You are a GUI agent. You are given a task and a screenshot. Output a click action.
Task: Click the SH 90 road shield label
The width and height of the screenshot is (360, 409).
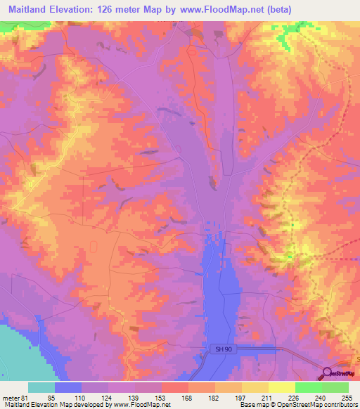pos(221,348)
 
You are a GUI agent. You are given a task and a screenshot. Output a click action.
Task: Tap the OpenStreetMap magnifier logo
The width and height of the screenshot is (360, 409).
pos(327,373)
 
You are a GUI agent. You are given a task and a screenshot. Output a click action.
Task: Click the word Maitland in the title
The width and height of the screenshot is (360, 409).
pos(33,8)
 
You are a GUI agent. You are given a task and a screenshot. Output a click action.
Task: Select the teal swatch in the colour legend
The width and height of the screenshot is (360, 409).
pos(41,387)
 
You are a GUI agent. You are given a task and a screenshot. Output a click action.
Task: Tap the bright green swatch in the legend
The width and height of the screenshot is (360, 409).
pos(308,387)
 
